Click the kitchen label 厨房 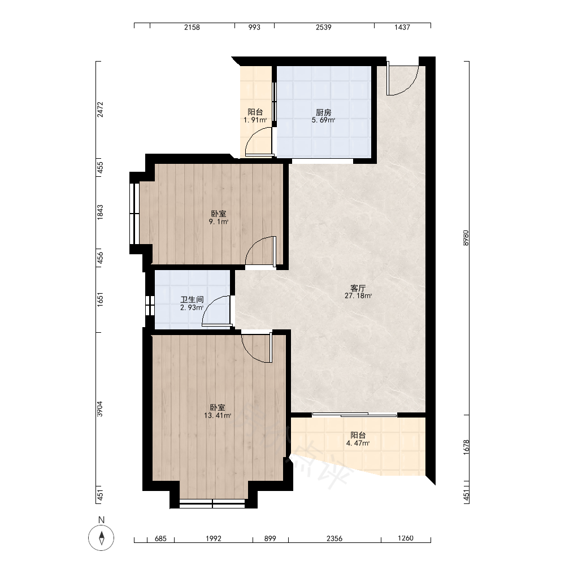coord(323,112)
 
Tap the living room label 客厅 coord(358,288)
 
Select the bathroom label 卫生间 coord(192,299)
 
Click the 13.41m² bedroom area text coord(218,415)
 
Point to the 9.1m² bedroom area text coord(218,221)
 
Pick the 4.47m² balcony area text coord(358,443)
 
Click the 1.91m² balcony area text coord(255,120)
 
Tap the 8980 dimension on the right coord(466,238)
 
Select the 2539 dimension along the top coord(323,27)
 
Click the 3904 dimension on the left coord(100,409)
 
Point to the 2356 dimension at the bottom coord(334,538)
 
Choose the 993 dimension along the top coord(254,27)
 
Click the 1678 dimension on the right coord(466,447)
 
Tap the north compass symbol coord(101,538)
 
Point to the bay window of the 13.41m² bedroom coord(212,503)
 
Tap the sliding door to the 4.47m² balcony coord(355,415)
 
